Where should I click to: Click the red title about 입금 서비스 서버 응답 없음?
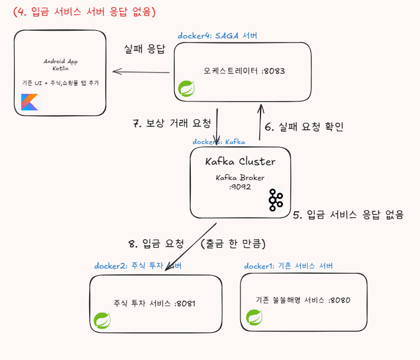[84, 11]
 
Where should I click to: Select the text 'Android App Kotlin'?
[61, 65]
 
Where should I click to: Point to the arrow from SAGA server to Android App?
[142, 72]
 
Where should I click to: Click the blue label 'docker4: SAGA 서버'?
[217, 36]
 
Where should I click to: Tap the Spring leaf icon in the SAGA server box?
[187, 89]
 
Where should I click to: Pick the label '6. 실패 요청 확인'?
[304, 126]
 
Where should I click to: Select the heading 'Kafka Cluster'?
[240, 161]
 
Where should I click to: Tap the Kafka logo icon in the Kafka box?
[275, 200]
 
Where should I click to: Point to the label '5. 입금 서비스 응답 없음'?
[348, 215]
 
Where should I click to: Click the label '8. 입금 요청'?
[156, 243]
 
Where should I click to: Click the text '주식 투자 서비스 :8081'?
[154, 303]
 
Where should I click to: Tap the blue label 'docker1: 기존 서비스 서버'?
[289, 266]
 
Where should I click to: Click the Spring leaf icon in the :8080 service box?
[254, 318]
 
